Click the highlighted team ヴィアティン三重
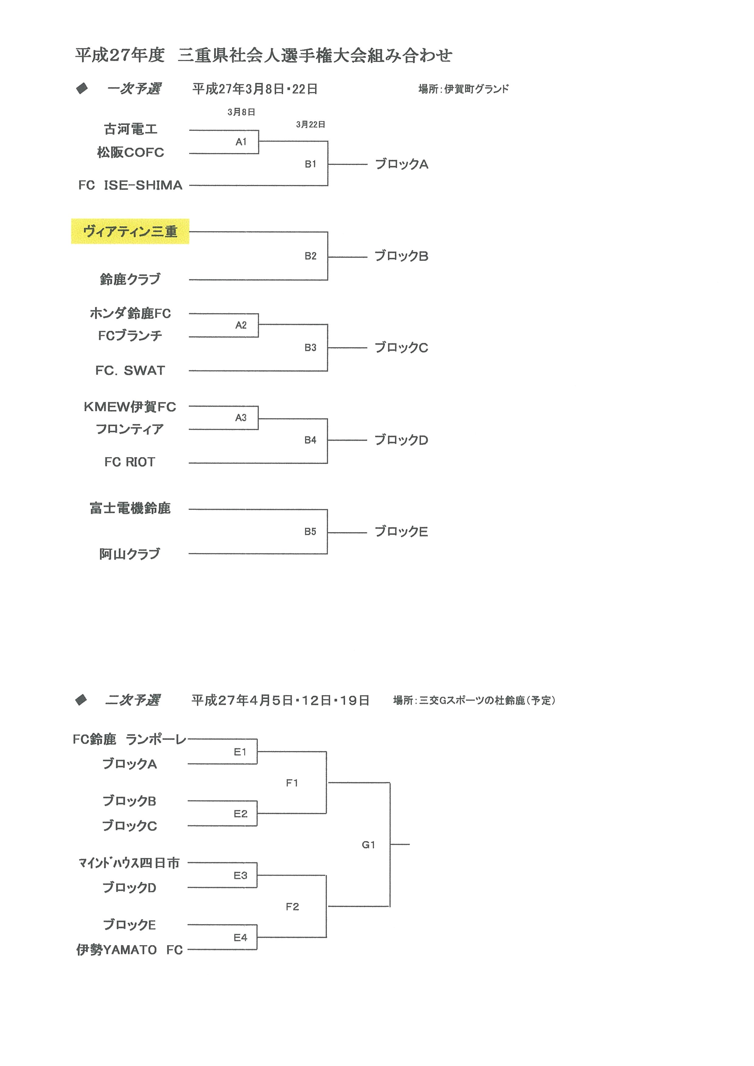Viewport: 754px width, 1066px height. point(130,231)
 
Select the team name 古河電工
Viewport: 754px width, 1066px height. point(130,129)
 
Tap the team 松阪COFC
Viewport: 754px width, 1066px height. point(130,152)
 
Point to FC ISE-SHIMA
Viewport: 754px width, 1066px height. point(130,185)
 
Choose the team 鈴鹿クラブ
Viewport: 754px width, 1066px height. point(130,279)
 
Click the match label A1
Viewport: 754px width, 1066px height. point(241,142)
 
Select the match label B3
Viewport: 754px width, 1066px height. point(310,347)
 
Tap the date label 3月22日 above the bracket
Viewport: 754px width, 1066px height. point(310,125)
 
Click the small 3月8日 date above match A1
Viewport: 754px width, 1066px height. point(242,112)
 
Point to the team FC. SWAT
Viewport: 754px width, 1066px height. point(130,371)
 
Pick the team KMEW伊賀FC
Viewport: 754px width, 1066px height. point(130,407)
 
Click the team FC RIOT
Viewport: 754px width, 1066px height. point(129,462)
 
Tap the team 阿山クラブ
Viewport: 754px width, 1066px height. point(129,554)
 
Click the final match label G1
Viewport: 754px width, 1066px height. point(368,845)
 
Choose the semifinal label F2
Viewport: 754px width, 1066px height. point(292,906)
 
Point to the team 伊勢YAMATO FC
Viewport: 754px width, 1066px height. point(129,949)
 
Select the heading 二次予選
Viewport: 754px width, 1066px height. point(133,700)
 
